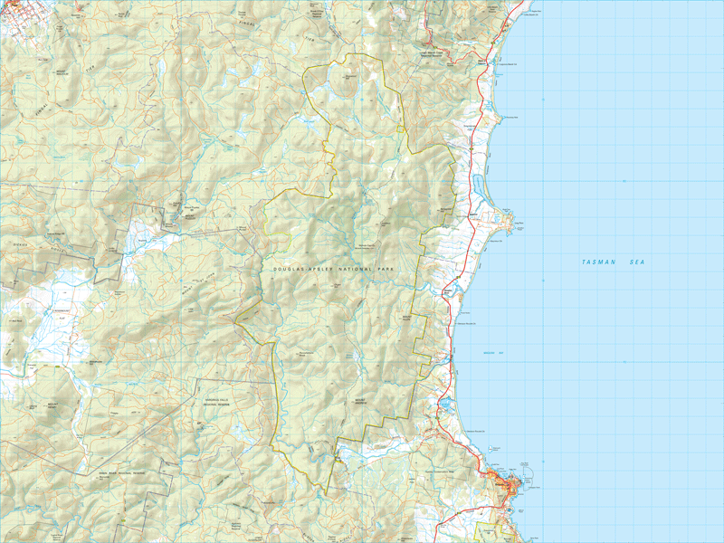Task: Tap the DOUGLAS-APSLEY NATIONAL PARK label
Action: click(335, 270)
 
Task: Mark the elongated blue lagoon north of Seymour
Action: click(476, 186)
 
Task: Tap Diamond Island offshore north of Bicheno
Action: click(494, 450)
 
